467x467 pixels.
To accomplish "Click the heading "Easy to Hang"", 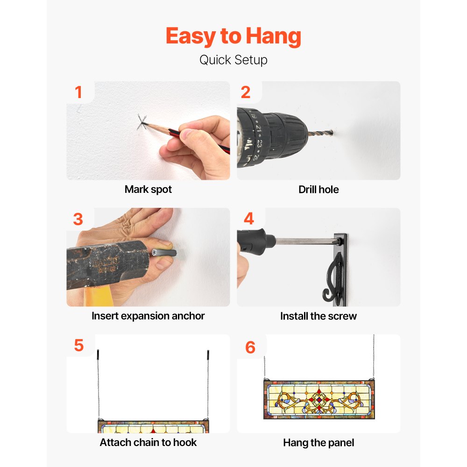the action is (233, 36).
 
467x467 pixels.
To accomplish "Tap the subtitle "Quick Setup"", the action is (233, 60).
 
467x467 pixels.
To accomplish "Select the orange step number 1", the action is (78, 92).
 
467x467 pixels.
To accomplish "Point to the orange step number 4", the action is (249, 219).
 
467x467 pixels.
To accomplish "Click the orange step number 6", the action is (250, 347).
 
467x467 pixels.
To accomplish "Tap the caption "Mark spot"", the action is (148, 190).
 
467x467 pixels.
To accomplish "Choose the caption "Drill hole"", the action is (318, 190).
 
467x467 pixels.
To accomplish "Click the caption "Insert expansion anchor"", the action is (148, 316).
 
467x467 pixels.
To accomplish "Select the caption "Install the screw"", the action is (318, 316).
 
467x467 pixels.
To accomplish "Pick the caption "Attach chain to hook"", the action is (148, 443).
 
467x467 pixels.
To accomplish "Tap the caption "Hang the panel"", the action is (318, 443).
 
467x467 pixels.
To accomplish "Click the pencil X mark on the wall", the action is (142, 122).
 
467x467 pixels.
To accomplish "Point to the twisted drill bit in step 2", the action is (320, 133).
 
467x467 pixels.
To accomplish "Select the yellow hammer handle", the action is (98, 296).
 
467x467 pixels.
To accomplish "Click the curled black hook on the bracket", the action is (333, 277).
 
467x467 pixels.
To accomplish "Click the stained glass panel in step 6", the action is (319, 399).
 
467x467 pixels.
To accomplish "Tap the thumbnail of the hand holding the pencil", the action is (148, 130).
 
